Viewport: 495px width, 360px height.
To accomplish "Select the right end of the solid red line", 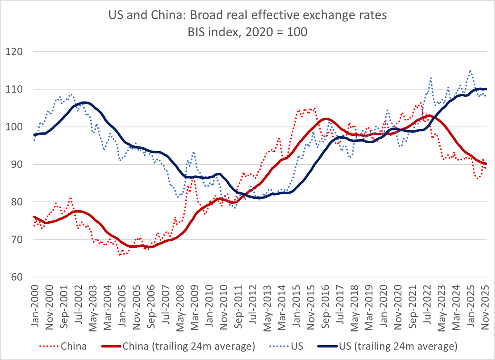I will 486,164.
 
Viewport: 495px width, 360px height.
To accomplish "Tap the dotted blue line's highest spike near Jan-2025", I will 471,71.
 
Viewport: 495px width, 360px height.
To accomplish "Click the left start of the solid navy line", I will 34,135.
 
